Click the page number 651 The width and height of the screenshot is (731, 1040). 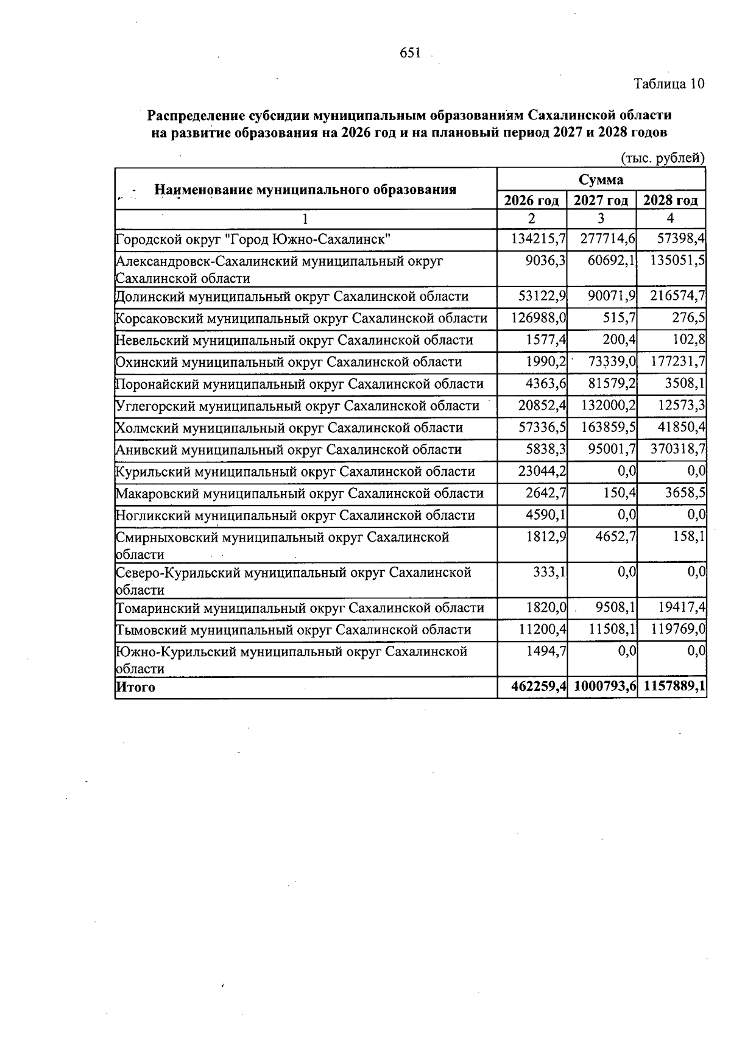[410, 54]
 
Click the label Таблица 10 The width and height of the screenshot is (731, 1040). [669, 83]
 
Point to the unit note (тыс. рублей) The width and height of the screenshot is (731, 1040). [662, 158]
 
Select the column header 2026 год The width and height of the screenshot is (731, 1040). [531, 200]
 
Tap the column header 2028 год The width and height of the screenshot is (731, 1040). [671, 200]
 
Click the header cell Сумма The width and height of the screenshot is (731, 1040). [601, 180]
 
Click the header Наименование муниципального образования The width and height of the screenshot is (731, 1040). [305, 189]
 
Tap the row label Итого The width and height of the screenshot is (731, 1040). [135, 688]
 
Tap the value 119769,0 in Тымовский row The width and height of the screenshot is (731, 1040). [677, 630]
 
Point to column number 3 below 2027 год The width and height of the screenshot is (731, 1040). [601, 219]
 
